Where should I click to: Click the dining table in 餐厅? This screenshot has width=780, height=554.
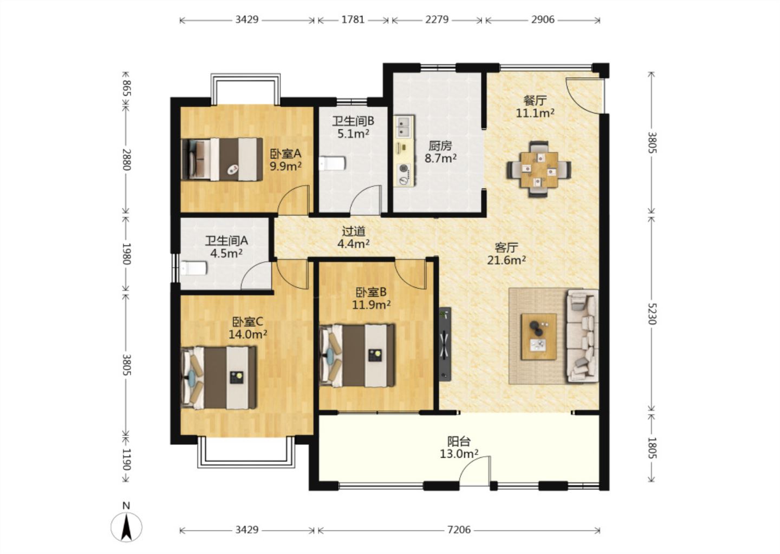pyautogui.click(x=539, y=169)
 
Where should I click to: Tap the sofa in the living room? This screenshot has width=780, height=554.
pyautogui.click(x=582, y=336)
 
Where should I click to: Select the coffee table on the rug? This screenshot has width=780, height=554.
pyautogui.click(x=538, y=337)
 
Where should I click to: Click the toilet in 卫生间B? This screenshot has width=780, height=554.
pyautogui.click(x=333, y=163)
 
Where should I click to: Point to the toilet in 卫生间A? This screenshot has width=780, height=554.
pyautogui.click(x=193, y=268)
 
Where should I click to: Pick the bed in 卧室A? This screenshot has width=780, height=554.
pyautogui.click(x=222, y=159)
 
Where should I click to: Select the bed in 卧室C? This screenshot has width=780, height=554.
pyautogui.click(x=219, y=378)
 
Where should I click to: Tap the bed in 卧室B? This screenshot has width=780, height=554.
pyautogui.click(x=357, y=355)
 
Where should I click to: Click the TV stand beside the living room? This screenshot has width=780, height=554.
pyautogui.click(x=445, y=344)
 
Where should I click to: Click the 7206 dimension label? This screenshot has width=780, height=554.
pyautogui.click(x=459, y=530)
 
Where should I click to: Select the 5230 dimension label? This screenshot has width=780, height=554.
pyautogui.click(x=652, y=314)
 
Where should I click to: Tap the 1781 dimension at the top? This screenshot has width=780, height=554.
pyautogui.click(x=353, y=19)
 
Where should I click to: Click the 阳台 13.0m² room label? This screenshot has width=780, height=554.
pyautogui.click(x=459, y=447)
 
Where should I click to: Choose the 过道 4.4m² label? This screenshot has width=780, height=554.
pyautogui.click(x=353, y=238)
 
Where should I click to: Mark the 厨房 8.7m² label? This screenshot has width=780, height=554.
pyautogui.click(x=440, y=152)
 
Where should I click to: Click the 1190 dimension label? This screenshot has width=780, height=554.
pyautogui.click(x=126, y=460)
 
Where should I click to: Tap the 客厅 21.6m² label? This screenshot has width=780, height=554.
pyautogui.click(x=506, y=254)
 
